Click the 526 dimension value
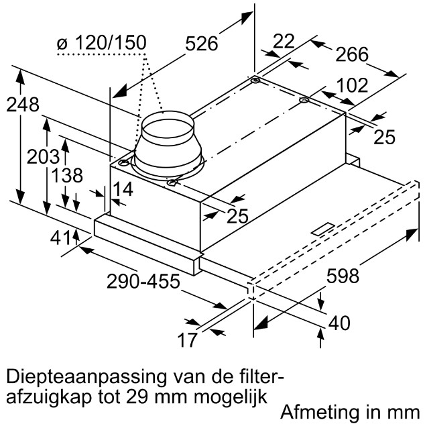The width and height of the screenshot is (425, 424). point(201,44)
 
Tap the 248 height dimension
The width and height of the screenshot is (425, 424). point(23,105)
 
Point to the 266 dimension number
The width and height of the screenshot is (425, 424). point(352,54)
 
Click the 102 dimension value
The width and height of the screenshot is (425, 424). point(352,85)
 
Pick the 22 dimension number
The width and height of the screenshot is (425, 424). point(284,41)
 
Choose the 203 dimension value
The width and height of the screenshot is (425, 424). point(43,157)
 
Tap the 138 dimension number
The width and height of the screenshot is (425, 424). point(66,175)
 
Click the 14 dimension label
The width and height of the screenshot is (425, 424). point(123,189)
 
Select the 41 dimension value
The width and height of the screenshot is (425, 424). point(60,237)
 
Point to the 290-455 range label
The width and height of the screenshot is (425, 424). point(143,281)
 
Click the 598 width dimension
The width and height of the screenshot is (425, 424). point(343,276)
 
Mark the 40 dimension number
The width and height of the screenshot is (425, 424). point(339,323)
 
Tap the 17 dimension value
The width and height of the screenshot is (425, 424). point(187,340)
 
